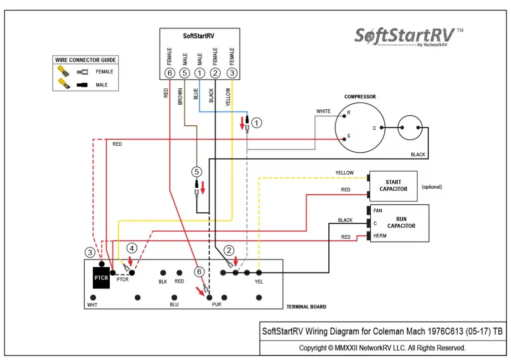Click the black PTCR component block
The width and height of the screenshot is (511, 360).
coord(101,278)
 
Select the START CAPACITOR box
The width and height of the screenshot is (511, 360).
coord(393,186)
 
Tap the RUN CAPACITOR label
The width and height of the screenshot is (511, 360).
coord(401,222)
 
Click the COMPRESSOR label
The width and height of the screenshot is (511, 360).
coord(360,96)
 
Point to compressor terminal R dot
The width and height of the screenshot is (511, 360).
coord(344,116)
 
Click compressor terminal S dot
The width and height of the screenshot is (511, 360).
coord(344,139)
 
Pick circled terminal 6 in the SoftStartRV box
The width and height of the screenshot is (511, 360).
coord(170,73)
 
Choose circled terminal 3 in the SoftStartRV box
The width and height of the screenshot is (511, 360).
coord(232,73)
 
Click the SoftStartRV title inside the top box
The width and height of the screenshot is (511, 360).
coord(199,36)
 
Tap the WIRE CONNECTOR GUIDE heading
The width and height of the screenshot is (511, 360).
coord(85,60)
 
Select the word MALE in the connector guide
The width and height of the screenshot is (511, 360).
coord(102,85)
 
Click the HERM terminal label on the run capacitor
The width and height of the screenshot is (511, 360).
coord(380,236)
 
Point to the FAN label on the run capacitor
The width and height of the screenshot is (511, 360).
coord(378,211)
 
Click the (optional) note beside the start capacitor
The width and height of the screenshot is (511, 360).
coord(432,187)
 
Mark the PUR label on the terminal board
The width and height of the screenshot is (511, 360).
coord(217,304)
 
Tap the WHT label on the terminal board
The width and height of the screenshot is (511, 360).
coord(92,305)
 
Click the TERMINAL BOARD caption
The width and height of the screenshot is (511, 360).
coord(306,307)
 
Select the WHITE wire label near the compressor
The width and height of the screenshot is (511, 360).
coord(323,111)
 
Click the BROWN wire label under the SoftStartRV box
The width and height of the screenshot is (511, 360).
coord(180,96)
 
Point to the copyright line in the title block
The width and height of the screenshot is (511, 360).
coord(382,348)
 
